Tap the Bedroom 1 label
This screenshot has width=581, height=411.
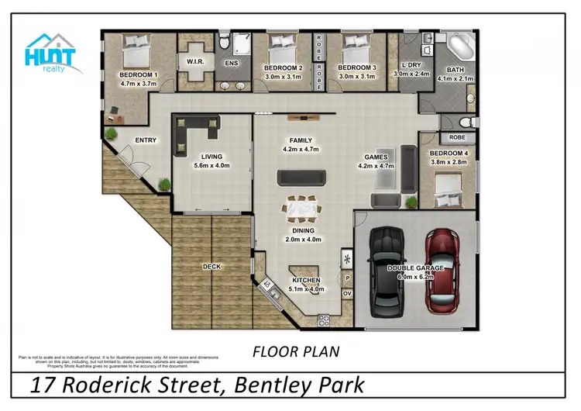click(139, 75)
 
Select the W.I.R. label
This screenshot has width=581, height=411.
click(194, 61)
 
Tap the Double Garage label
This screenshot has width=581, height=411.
click(414, 268)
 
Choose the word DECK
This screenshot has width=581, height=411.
click(211, 267)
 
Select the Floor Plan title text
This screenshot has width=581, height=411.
click(296, 352)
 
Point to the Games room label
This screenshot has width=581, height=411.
click(376, 157)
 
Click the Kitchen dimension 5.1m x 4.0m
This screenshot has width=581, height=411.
click(306, 289)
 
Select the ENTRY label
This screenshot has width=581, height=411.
click(146, 140)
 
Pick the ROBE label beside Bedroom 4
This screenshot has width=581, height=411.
click(457, 137)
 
